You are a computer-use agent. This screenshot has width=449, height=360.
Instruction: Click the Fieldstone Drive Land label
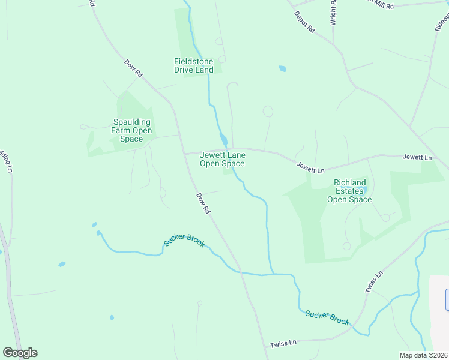[x=193, y=65]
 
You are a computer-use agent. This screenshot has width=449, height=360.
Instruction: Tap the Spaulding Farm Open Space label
[x=131, y=131]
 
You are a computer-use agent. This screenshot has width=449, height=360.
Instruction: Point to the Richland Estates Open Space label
[x=349, y=191]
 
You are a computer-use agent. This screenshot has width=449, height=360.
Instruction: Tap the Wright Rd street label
[x=333, y=12]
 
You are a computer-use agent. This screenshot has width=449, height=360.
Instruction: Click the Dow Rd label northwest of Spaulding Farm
[x=133, y=67]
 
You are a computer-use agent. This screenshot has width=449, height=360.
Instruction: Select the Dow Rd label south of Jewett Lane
[x=203, y=203]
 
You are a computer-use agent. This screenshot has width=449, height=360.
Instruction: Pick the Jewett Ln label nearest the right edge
[x=417, y=157]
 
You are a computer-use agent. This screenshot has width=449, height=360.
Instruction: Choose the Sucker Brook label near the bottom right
[x=327, y=317]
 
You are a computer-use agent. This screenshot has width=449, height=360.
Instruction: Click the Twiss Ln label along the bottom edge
[x=283, y=343]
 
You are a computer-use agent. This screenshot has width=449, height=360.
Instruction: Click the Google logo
[x=20, y=353]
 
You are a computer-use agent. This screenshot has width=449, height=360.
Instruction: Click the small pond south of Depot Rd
[x=282, y=68]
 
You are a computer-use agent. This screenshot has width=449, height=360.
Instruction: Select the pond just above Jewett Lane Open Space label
[x=223, y=140]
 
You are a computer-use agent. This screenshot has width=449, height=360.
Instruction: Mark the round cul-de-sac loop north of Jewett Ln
[x=268, y=111]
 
